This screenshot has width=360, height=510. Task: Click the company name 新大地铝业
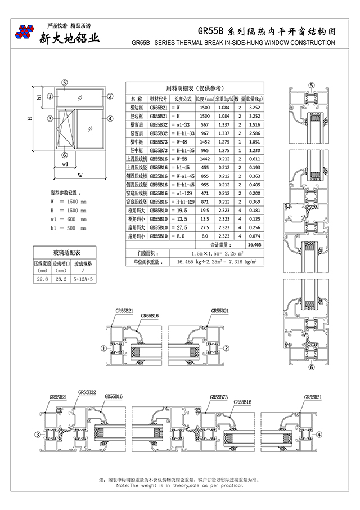(69, 38)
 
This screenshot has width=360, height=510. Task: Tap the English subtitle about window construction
(233, 43)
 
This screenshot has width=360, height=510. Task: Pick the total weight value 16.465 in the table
(254, 245)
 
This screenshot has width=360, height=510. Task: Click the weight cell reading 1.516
(254, 124)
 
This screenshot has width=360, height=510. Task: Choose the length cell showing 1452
(204, 142)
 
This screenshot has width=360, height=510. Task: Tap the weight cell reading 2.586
(254, 133)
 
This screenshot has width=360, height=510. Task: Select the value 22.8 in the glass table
(42, 279)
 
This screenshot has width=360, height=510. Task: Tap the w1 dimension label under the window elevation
(65, 165)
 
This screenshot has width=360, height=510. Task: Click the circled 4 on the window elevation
(110, 119)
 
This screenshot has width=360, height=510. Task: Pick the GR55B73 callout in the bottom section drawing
(219, 397)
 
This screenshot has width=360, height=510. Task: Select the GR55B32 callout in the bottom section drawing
(87, 392)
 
